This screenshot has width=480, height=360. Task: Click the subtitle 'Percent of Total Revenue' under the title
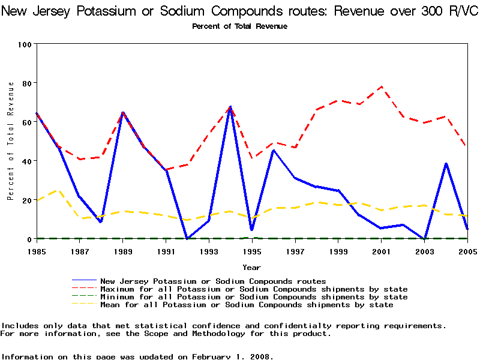(x=239, y=26)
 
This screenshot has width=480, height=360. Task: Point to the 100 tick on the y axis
(x=25, y=44)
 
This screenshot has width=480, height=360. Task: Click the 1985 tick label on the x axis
(x=37, y=251)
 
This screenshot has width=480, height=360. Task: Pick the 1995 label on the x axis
(x=251, y=251)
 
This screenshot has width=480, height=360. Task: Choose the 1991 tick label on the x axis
(x=166, y=251)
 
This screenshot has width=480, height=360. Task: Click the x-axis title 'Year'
(x=251, y=267)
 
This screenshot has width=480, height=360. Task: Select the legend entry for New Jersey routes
(x=213, y=281)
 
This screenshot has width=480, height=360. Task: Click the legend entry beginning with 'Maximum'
(x=254, y=289)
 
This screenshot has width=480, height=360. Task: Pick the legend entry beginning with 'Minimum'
(x=254, y=297)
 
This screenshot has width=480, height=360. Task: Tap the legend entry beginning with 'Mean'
(x=247, y=305)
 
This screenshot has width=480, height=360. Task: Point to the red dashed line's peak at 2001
(x=380, y=86)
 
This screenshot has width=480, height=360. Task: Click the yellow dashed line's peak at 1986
(x=58, y=190)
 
